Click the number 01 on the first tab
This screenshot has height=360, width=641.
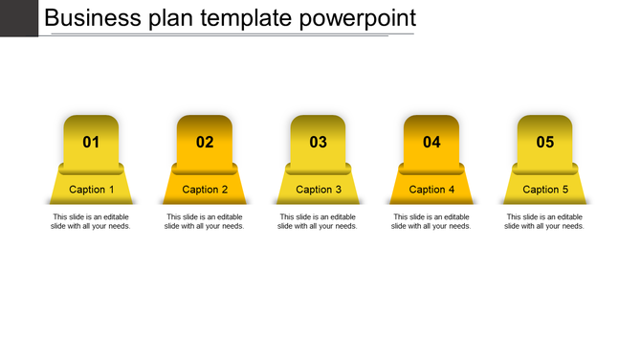click(91, 143)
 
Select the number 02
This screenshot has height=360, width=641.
click(205, 143)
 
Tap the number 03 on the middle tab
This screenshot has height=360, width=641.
click(318, 143)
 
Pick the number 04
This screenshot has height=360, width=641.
click(431, 143)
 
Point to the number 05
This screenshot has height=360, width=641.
click(544, 143)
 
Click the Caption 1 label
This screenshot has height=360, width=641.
click(92, 190)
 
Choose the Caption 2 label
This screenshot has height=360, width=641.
click(205, 190)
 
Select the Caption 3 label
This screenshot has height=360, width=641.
click(319, 190)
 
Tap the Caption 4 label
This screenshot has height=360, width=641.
click(431, 190)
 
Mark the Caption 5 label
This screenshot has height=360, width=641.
click(545, 190)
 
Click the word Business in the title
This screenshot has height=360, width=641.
click(93, 17)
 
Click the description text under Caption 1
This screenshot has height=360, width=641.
click(91, 221)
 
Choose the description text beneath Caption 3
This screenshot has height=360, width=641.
click(319, 221)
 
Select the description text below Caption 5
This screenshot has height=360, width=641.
click(544, 221)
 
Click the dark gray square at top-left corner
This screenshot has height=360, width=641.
click(18, 17)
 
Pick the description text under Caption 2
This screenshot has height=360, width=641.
click(205, 221)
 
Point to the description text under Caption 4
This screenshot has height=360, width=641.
click(431, 221)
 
